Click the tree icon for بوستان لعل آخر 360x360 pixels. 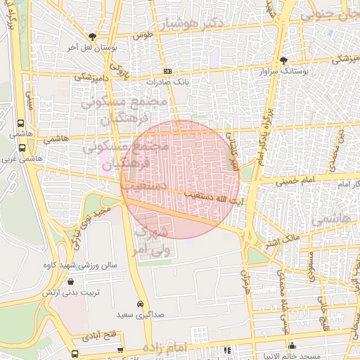pyautogui.click(x=91, y=36)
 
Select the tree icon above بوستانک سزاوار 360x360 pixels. pyautogui.click(x=283, y=60)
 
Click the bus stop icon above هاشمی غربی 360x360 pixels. pyautogui.click(x=22, y=148)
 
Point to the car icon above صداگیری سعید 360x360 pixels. pyautogui.click(x=141, y=304)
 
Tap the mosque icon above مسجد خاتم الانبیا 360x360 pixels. pyautogui.click(x=292, y=346)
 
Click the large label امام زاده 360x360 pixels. pyautogui.click(x=166, y=348)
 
